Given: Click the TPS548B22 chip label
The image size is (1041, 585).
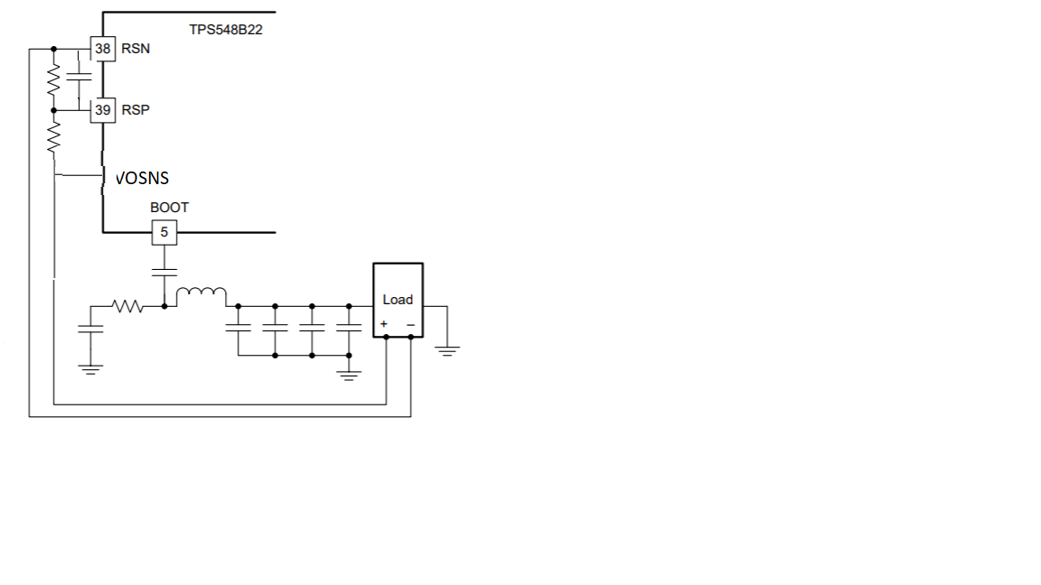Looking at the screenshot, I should pos(226,29).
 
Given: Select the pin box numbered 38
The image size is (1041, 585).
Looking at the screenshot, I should pos(103,49).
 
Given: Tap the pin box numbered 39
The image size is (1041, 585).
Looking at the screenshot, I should pos(103,110).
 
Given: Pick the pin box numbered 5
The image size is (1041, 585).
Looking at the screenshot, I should pos(164,232).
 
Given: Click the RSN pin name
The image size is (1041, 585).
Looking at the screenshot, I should pos(136,49).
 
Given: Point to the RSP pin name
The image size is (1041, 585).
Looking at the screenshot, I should pos(136,110).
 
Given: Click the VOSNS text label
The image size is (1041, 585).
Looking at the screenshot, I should pos(143,178).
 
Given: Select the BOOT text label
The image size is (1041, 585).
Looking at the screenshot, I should pos(169,208).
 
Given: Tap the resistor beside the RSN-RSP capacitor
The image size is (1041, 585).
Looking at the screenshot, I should pos(53,79).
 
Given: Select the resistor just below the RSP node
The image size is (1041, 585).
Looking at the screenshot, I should pos(53,138).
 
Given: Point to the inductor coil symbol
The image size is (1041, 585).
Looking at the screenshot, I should pos(202,293).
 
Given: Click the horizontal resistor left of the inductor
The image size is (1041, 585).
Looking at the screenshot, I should pos(128,307).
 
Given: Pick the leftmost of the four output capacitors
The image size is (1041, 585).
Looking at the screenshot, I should pos(239,326).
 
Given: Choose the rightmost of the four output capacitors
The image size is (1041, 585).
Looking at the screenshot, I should pos(348,326).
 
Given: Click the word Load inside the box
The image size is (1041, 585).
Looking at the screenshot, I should pos(398,300).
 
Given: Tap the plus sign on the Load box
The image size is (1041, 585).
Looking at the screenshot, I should pos(384,323).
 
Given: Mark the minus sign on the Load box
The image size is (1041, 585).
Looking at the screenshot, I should pos(410,323).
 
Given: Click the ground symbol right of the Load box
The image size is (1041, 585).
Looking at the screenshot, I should pos(447,348).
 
